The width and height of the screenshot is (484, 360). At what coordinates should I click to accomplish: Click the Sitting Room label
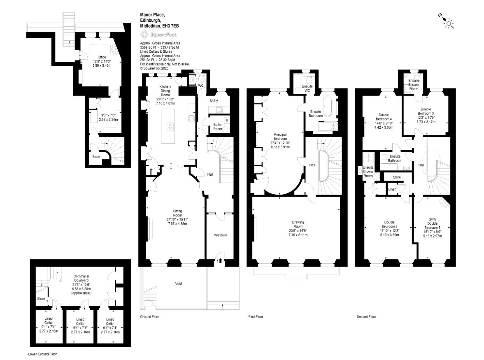point(177,213)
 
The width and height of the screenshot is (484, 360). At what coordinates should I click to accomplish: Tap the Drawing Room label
point(298,224)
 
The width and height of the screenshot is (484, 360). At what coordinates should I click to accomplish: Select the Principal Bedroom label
point(280,136)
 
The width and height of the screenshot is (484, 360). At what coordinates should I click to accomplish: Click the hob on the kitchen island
point(170,126)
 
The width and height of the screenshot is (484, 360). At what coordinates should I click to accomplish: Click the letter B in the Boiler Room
point(227,120)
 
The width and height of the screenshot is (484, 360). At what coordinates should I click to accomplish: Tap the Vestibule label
point(221,235)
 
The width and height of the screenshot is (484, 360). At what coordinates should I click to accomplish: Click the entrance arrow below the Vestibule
point(221,261)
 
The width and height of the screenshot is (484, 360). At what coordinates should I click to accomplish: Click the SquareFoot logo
point(159,35)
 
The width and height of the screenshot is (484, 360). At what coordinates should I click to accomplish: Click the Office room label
point(102,57)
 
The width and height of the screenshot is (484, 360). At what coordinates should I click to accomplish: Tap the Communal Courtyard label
point(81,278)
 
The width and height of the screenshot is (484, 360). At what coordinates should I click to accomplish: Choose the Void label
point(179,283)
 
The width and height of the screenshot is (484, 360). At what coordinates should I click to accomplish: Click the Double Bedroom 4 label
point(384,117)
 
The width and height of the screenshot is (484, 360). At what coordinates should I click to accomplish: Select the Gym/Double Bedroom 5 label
point(433,224)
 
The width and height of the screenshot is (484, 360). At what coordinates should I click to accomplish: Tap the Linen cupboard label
point(392,189)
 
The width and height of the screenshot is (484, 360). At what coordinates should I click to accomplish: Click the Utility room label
point(214,100)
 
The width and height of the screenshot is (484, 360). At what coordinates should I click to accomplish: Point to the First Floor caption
point(256,316)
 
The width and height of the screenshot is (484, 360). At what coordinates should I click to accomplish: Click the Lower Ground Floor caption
point(43,354)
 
